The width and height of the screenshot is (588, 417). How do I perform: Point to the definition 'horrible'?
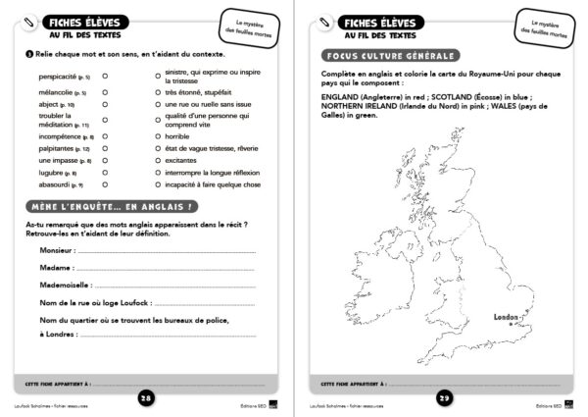[177, 136]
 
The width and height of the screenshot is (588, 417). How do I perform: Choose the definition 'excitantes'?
[181, 160]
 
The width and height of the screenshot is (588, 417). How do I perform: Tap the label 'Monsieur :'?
[57, 250]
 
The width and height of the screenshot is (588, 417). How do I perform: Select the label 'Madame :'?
[55, 267]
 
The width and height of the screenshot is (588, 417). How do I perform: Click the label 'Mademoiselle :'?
[65, 285]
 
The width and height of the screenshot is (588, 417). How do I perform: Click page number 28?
[145, 397]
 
